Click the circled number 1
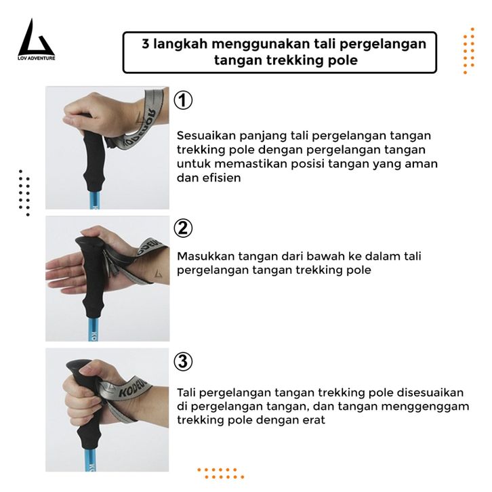tap(183, 100)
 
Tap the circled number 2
tap(183, 228)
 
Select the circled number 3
tap(183, 361)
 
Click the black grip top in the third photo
tap(77, 365)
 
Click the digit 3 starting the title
tap(145, 43)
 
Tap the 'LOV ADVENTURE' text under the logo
tap(37, 58)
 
